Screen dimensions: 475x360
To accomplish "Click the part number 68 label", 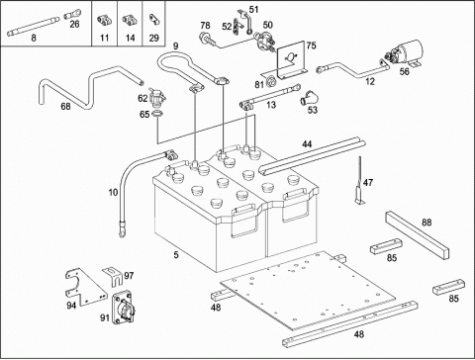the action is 65,106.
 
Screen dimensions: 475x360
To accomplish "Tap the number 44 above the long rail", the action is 307,144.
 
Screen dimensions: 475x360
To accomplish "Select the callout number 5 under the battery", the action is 176,254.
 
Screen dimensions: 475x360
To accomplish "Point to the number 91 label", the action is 105,317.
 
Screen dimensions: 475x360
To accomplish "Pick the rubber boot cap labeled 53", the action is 309,98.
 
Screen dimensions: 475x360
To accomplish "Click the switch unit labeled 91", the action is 124,308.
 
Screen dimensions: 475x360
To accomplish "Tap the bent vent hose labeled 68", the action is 90,86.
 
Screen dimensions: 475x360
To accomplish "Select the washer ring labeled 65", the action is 157,115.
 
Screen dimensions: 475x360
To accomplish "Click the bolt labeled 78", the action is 209,39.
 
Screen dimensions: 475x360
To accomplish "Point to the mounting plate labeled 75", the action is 292,60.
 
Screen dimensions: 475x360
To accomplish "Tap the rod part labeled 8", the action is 33,26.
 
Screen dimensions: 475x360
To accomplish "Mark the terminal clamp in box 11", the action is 104,20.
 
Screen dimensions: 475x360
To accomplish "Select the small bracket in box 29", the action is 154,19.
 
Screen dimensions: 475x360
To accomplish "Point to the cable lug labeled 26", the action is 72,14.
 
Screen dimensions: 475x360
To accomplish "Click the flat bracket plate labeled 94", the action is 86,287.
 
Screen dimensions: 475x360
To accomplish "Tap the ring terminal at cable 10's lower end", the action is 122,231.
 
